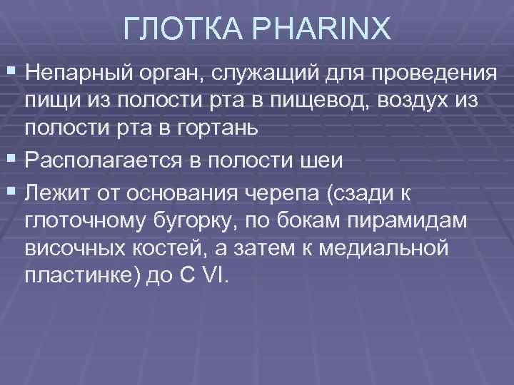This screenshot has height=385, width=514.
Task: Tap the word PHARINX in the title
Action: pyautogui.click(x=321, y=30)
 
